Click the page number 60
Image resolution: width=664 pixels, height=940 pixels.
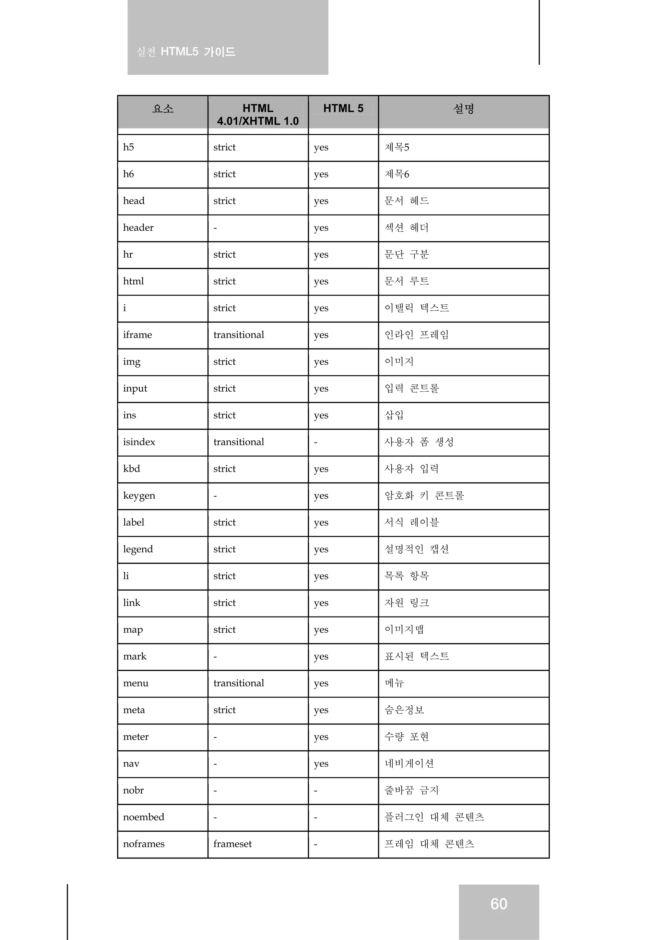coord(498,904)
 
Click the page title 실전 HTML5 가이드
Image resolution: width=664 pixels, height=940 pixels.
coord(186,52)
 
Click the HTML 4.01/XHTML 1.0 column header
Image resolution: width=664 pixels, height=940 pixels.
coord(258,115)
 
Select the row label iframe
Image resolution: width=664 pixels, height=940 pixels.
coord(137,335)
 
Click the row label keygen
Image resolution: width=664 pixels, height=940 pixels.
coord(139,496)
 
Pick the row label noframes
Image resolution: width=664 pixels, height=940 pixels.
coord(144,844)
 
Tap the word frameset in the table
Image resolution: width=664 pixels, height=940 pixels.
coord(232,844)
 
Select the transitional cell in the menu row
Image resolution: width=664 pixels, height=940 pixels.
coord(239,683)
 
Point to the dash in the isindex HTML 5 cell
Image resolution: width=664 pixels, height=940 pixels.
coord(315,443)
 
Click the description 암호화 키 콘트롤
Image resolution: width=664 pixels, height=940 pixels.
coord(424,496)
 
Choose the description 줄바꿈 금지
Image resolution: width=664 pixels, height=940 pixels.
coord(411,790)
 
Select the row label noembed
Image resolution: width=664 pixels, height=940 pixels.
coord(144,817)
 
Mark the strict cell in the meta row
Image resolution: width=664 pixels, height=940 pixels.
coord(224,710)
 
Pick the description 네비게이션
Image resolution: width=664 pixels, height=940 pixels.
coord(409,763)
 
